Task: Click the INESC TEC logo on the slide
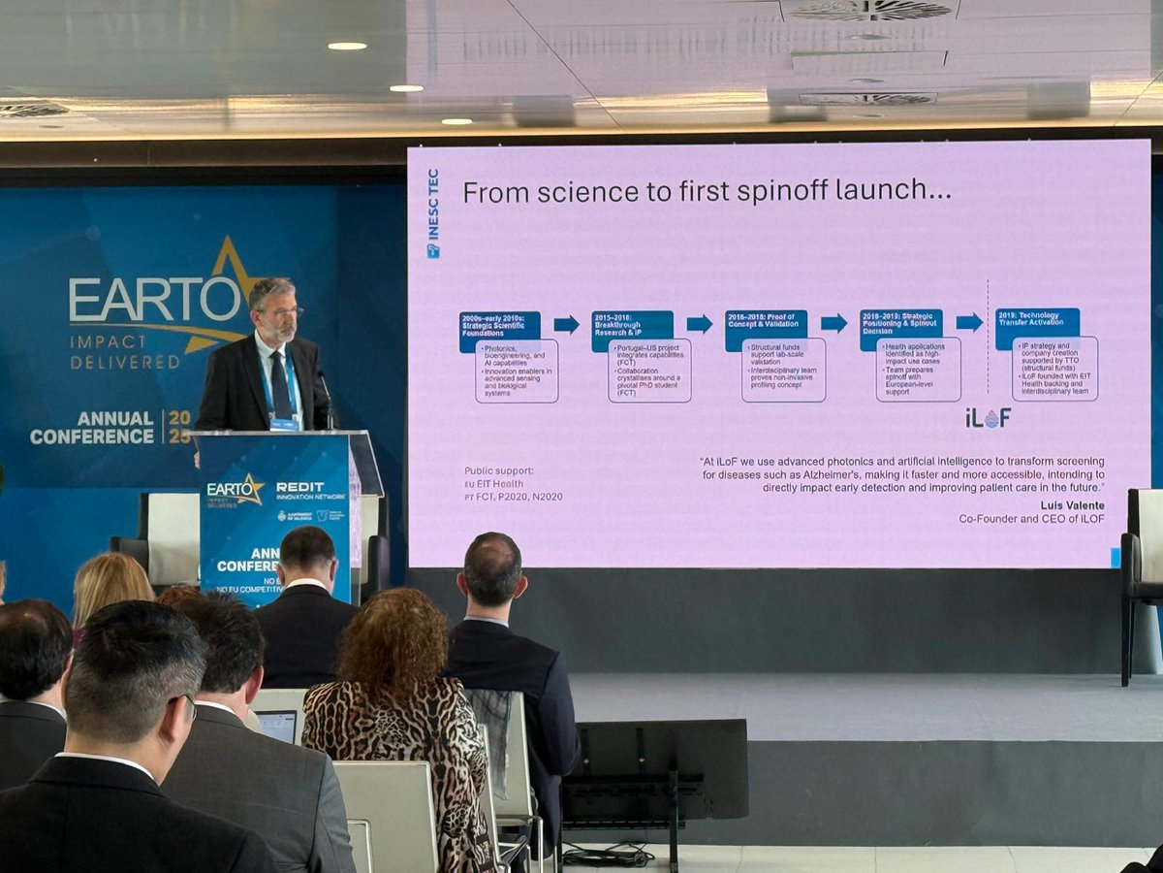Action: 433,213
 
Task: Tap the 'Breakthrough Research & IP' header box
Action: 632,331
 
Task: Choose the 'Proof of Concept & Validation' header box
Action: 766,331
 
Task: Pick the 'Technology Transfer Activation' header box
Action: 1037,328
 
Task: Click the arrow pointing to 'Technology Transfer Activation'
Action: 968,322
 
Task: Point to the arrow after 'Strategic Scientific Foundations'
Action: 566,324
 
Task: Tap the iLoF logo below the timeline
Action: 988,418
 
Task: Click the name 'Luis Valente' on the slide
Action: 1072,505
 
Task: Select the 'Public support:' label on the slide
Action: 498,471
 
